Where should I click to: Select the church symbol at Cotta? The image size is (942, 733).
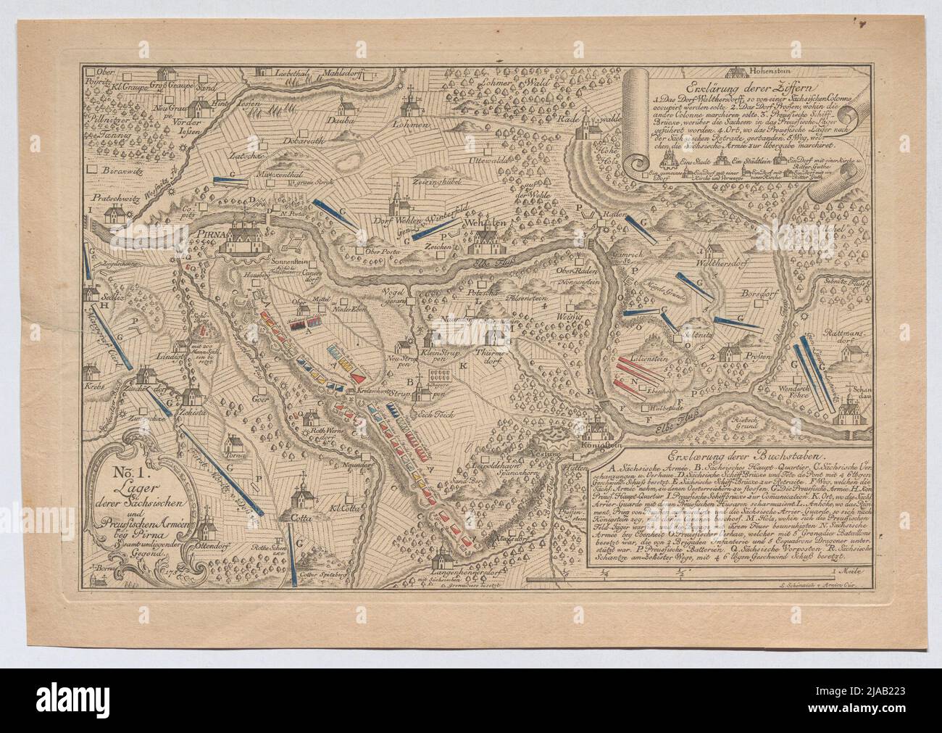point(299,500)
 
